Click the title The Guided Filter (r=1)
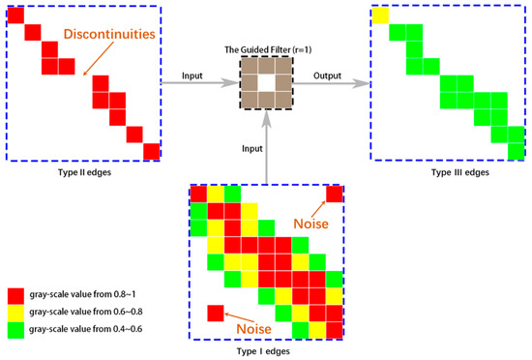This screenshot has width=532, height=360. click(x=265, y=49)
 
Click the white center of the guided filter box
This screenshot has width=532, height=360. click(x=265, y=84)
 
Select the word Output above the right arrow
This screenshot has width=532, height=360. click(x=324, y=74)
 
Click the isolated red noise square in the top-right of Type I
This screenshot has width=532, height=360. click(x=334, y=195)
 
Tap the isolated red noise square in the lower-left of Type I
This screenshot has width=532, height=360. click(x=215, y=313)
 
